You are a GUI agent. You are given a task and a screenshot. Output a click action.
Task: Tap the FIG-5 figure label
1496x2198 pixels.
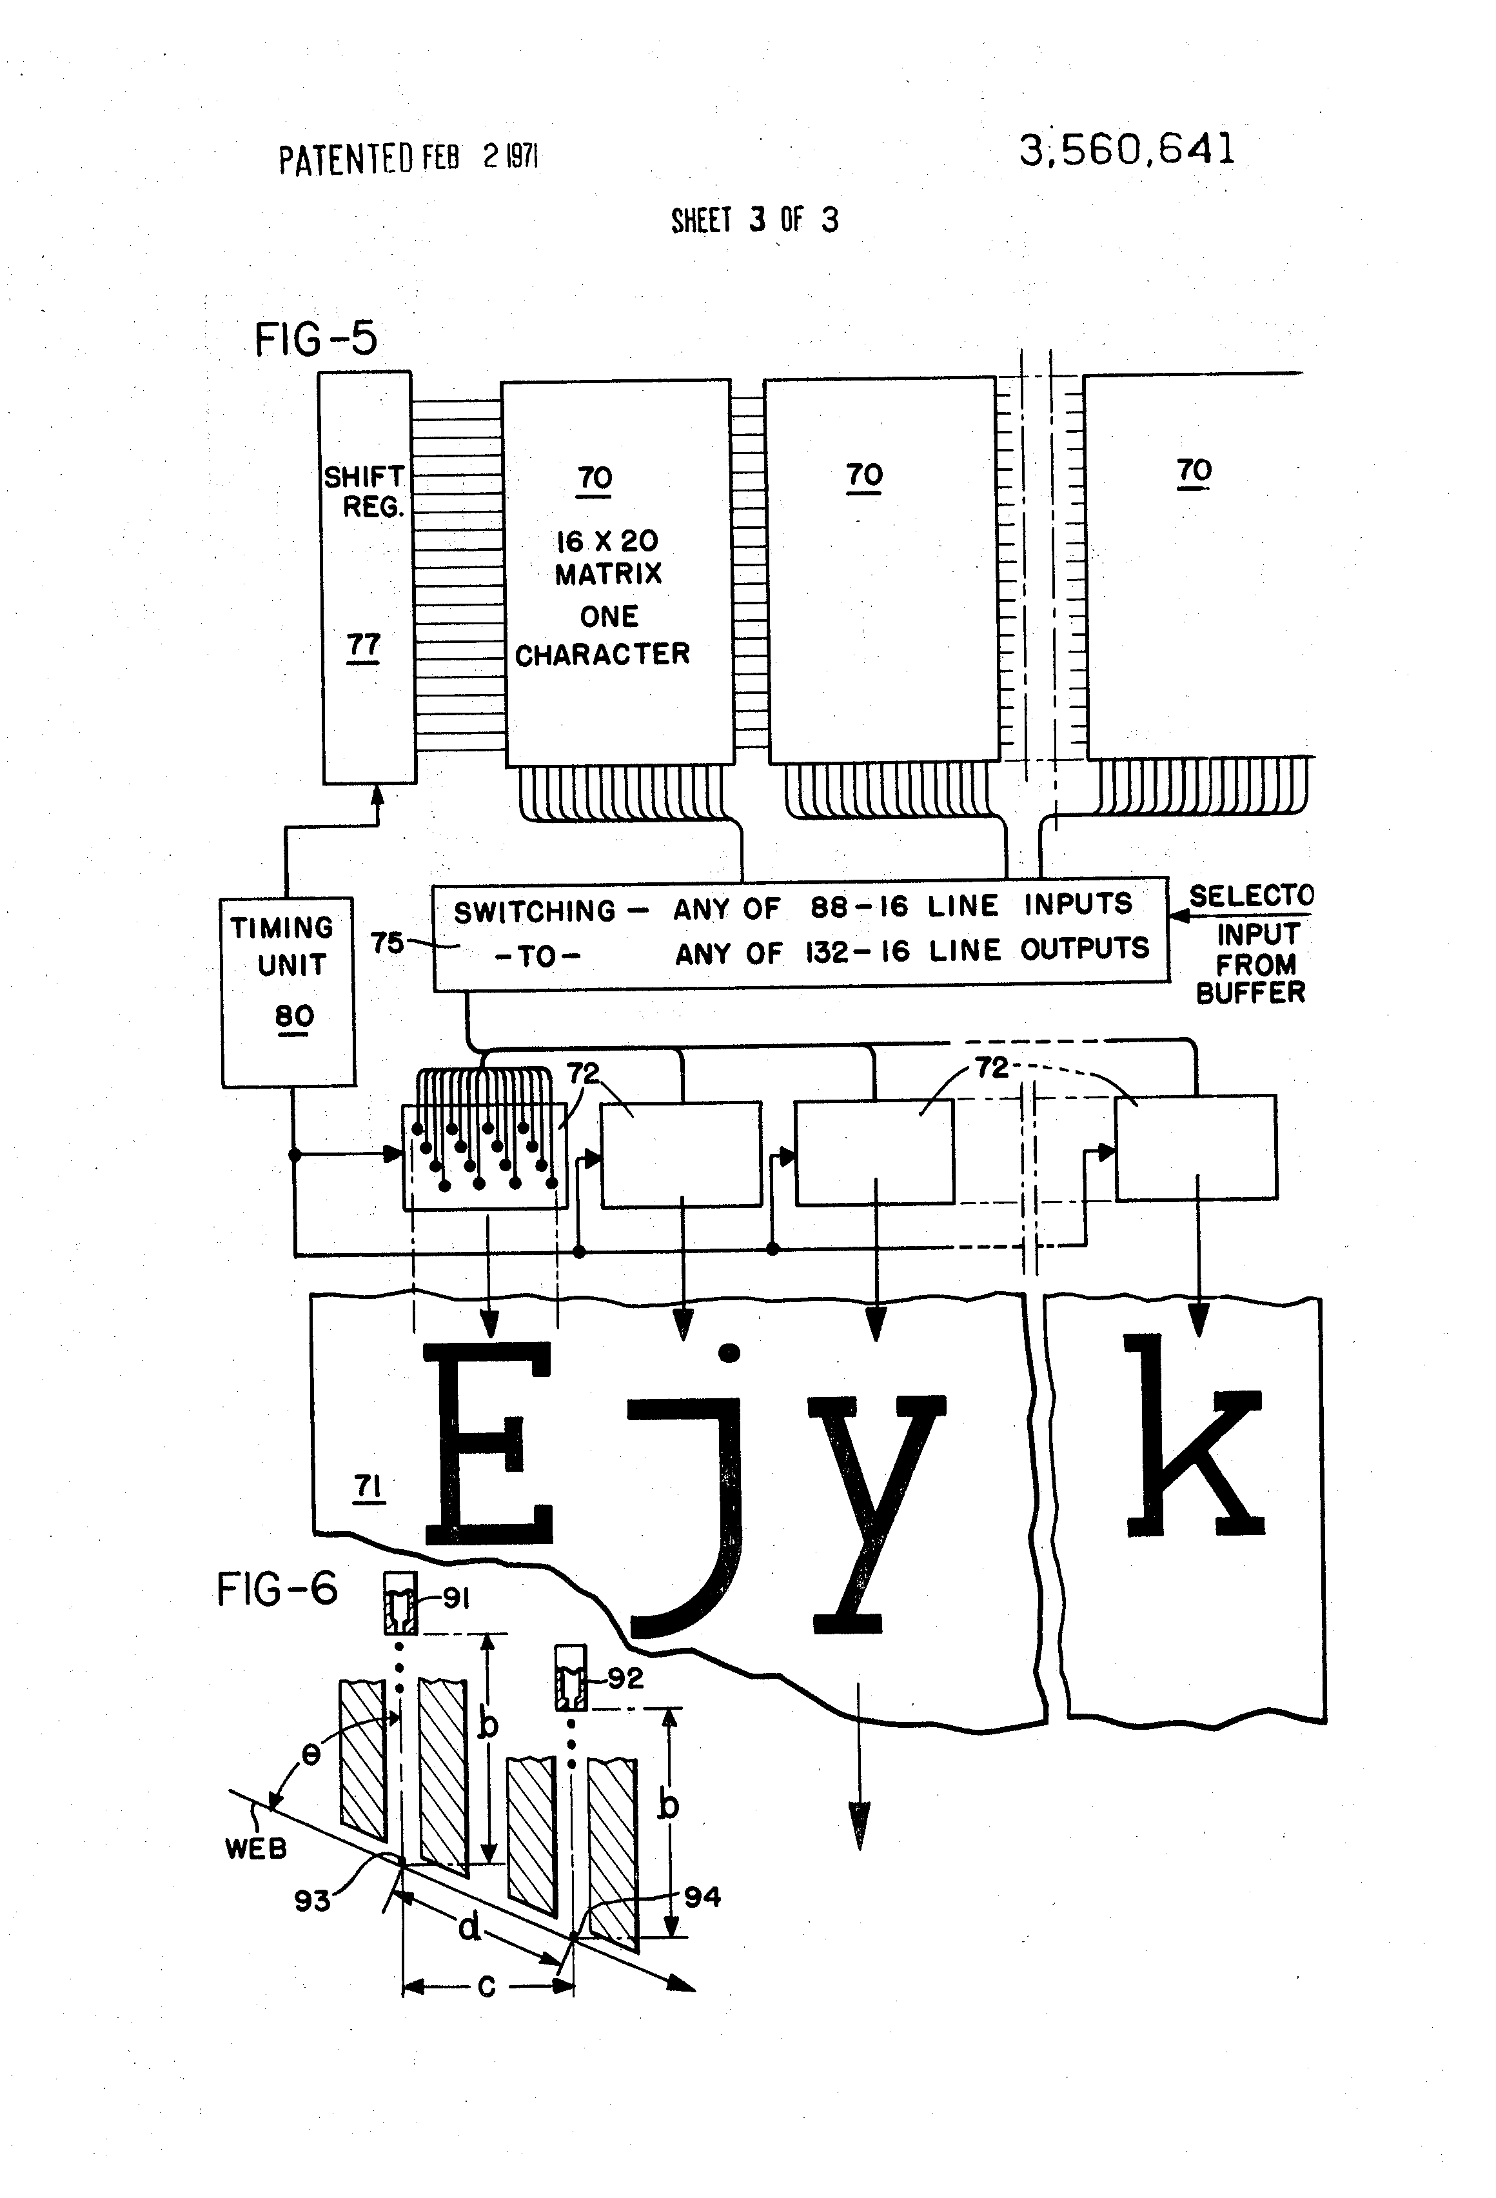[316, 339]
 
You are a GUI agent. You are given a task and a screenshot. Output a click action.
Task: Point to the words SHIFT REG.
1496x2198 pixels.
[365, 492]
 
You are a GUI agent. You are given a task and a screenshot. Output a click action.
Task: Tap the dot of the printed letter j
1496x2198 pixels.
[729, 1353]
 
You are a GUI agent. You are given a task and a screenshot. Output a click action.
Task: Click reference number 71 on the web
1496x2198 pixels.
[368, 1487]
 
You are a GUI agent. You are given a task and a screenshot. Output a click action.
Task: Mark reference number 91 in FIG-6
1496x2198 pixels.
[457, 1598]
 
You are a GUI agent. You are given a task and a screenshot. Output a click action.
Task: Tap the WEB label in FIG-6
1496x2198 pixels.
[255, 1848]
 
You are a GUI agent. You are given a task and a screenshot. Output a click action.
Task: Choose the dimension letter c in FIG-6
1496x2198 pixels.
[487, 1985]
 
